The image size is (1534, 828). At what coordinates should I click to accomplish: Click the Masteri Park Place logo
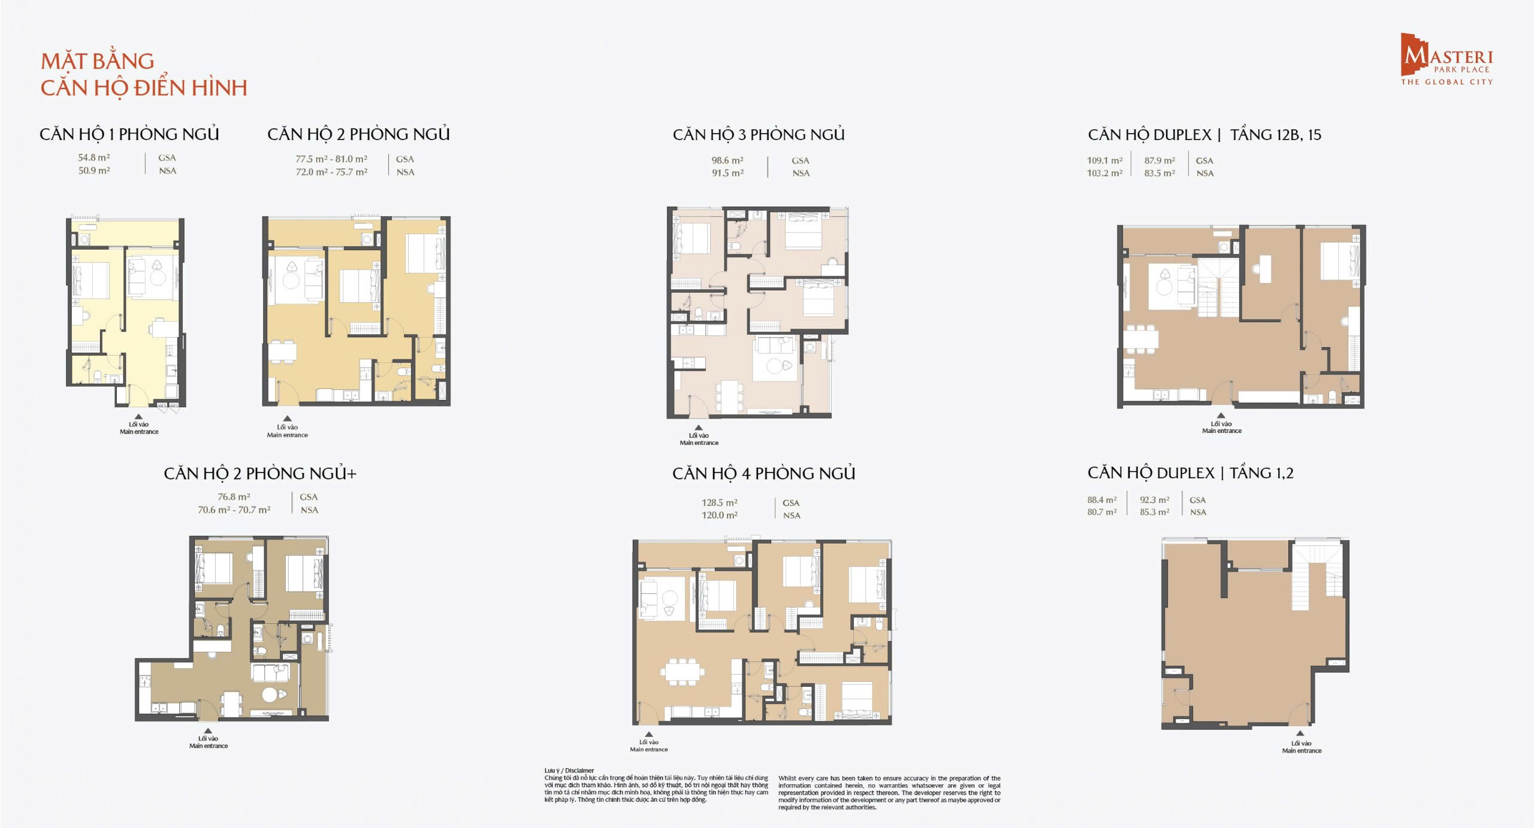(x=1446, y=59)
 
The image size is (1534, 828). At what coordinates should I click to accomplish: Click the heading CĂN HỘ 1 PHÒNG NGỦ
(x=129, y=134)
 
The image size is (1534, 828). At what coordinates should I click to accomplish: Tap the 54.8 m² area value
(x=93, y=157)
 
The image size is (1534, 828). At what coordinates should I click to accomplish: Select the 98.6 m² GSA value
(x=727, y=160)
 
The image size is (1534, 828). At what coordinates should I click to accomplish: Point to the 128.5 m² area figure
(x=719, y=503)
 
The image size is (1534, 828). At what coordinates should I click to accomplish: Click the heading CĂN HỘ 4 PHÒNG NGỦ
(x=763, y=474)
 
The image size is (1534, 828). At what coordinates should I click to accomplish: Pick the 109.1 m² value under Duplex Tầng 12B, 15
(x=1104, y=160)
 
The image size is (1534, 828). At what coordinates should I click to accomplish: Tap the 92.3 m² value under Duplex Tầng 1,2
(x=1154, y=500)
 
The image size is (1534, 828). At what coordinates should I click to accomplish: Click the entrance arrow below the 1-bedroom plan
(x=138, y=417)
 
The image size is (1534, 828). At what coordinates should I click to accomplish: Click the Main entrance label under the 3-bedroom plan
(x=699, y=443)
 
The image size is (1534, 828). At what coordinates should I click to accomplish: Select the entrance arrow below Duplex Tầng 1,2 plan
(x=1300, y=733)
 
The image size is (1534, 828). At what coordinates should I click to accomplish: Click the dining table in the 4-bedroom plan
(x=683, y=671)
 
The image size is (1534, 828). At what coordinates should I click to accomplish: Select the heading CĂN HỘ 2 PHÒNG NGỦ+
(x=260, y=474)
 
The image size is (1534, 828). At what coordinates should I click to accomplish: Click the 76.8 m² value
(x=234, y=497)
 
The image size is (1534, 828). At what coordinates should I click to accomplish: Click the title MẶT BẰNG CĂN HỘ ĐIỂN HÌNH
(x=143, y=74)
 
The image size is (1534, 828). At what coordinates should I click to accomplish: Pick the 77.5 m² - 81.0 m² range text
(x=331, y=159)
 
